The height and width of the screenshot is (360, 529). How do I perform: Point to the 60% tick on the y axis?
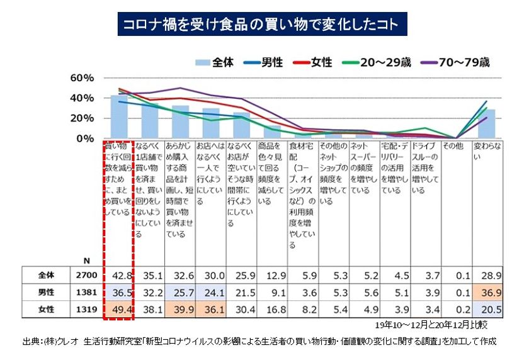(82, 78)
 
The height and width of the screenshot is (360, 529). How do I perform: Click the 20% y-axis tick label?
(82, 118)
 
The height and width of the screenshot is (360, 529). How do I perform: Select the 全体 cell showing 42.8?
(118, 275)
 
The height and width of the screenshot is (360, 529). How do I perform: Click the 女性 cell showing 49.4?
(118, 309)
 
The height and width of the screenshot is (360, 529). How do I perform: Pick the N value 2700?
(84, 275)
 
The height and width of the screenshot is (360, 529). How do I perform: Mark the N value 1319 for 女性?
(84, 309)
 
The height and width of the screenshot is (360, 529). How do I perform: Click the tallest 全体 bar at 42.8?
(118, 117)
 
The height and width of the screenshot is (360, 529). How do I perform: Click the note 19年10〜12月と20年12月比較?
(438, 325)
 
